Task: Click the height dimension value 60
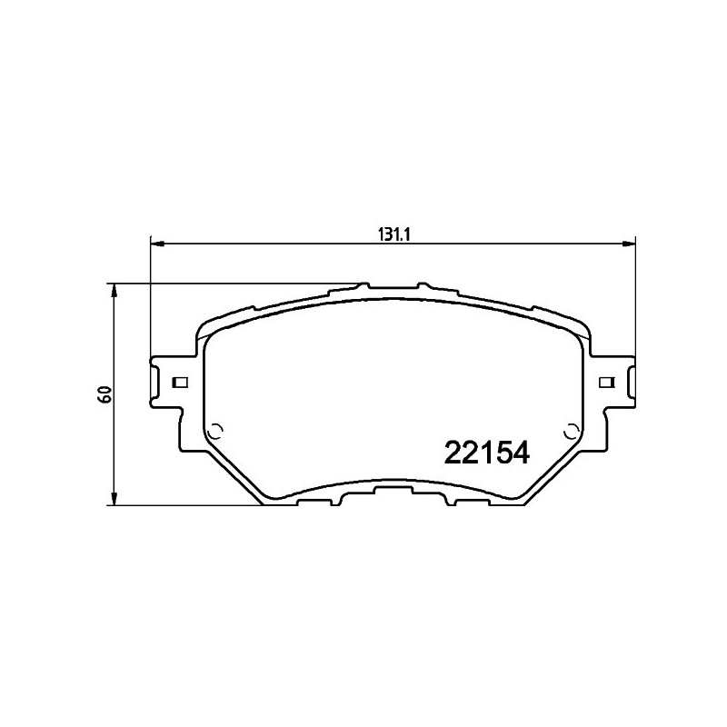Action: click(105, 393)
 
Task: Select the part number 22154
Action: click(484, 453)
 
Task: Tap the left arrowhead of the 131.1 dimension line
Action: click(155, 244)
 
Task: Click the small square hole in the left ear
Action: click(180, 382)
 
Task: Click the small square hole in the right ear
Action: click(603, 382)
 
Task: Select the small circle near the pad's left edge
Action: click(215, 432)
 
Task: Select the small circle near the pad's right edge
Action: click(570, 432)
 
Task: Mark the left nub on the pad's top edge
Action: click(364, 286)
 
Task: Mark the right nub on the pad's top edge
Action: click(419, 286)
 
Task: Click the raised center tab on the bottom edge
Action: click(393, 491)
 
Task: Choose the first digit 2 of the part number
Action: click(451, 453)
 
